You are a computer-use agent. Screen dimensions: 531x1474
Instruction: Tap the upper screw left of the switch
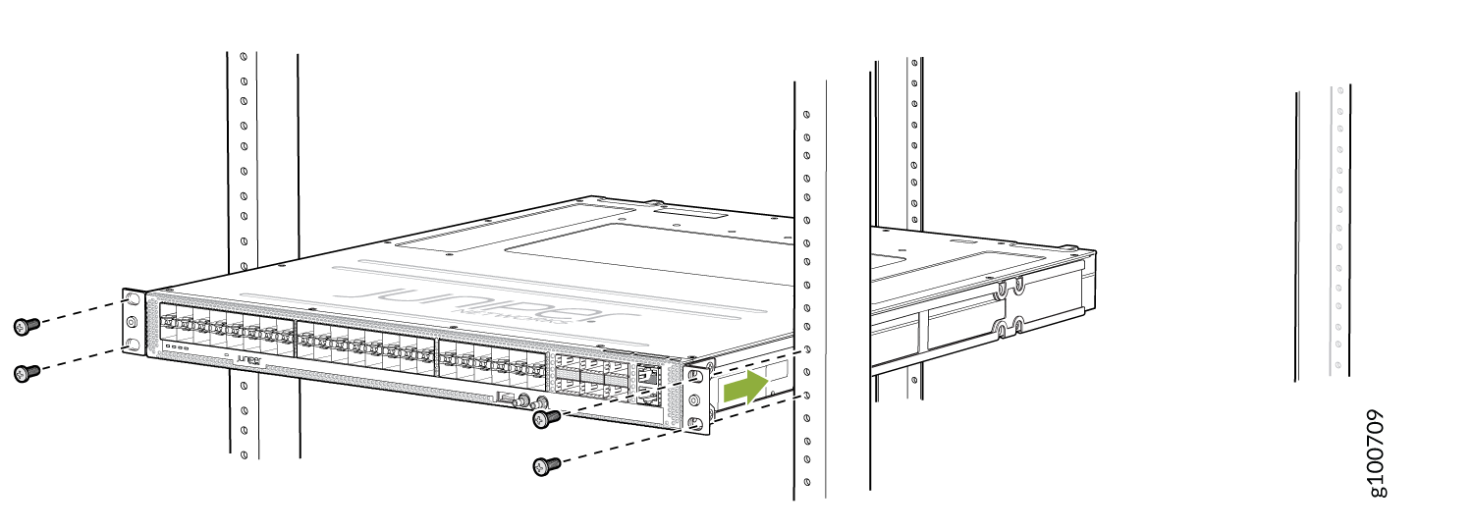click(x=27, y=325)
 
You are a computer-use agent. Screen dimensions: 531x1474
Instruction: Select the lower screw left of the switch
click(x=27, y=372)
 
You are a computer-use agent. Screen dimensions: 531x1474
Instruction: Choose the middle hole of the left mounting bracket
click(x=133, y=321)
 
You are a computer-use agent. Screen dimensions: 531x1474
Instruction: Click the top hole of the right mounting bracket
click(x=695, y=377)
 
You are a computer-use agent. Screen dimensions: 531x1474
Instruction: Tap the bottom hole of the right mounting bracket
click(x=695, y=423)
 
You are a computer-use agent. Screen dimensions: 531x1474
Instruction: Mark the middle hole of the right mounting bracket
click(x=695, y=400)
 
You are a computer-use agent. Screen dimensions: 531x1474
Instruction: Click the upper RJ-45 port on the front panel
click(x=647, y=374)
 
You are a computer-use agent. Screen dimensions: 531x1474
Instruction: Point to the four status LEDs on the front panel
click(x=178, y=346)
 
